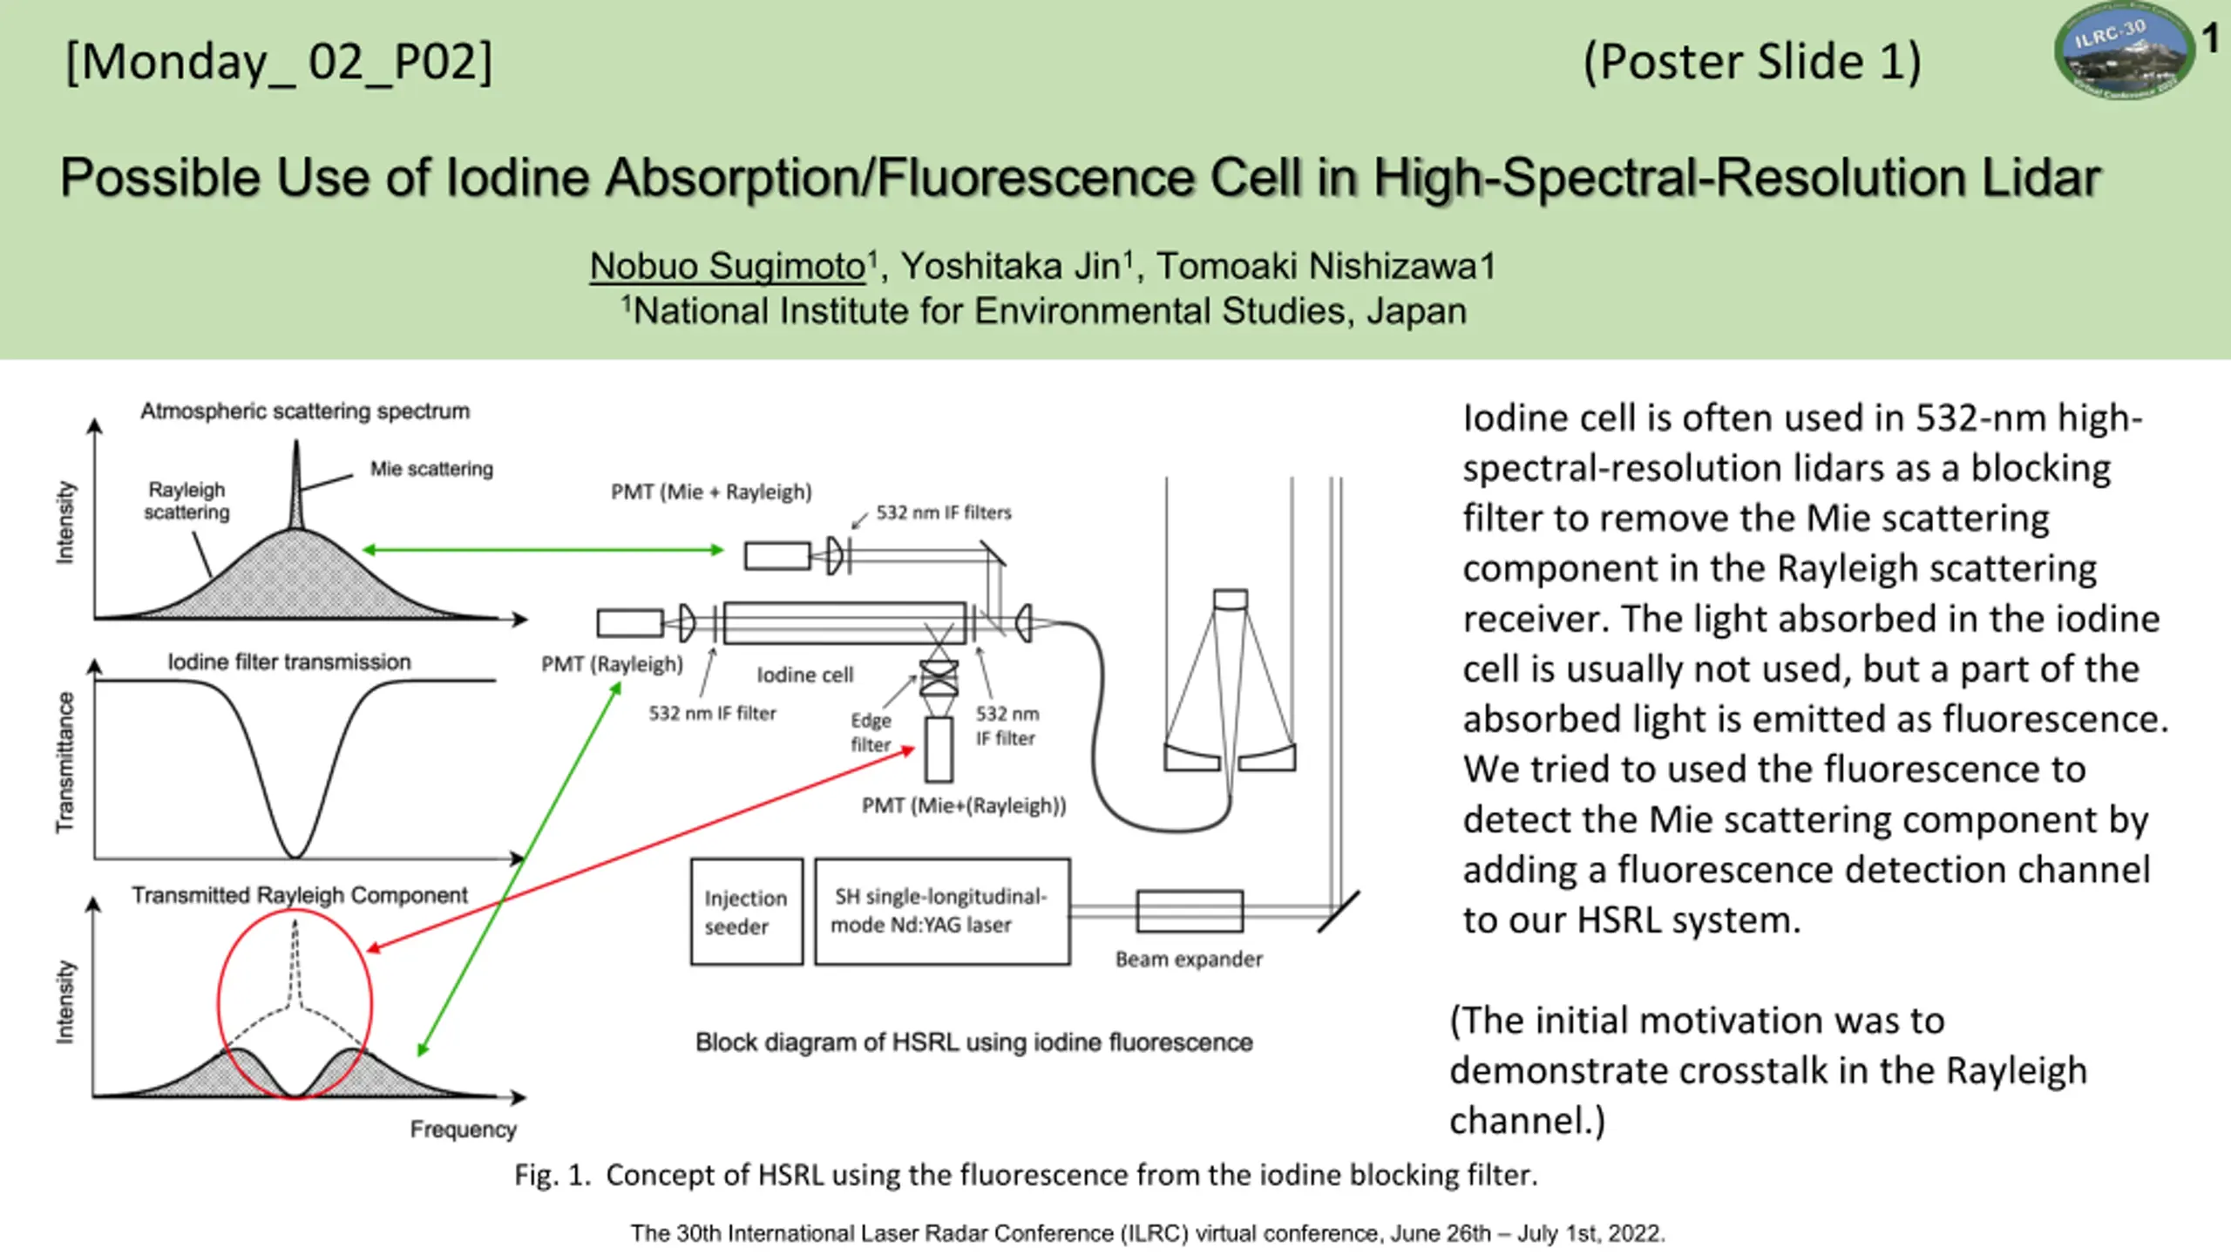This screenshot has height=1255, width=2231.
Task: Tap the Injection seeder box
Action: (747, 912)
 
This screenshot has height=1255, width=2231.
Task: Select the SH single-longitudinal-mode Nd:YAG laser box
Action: (942, 912)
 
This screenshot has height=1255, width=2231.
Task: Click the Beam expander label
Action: (1189, 959)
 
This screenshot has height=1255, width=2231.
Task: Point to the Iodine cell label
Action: (805, 675)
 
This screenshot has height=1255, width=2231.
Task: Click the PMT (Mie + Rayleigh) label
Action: (711, 492)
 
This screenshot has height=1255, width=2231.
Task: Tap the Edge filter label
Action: (871, 732)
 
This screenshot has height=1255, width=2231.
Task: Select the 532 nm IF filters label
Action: (944, 512)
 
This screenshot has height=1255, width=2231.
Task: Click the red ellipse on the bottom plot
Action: (218, 1005)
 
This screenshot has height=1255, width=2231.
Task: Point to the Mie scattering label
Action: (431, 469)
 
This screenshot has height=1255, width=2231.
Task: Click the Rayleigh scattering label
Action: (186, 501)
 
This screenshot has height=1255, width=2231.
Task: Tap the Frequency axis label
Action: (464, 1129)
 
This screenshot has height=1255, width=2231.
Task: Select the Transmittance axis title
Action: (65, 763)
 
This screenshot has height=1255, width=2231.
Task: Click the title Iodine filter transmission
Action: (289, 662)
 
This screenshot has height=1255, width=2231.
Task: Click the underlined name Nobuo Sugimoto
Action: (728, 267)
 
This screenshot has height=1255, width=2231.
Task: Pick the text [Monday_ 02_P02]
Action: (279, 63)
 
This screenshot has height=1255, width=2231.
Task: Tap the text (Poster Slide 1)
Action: (1752, 63)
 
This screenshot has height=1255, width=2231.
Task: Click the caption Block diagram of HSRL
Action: (973, 1042)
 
